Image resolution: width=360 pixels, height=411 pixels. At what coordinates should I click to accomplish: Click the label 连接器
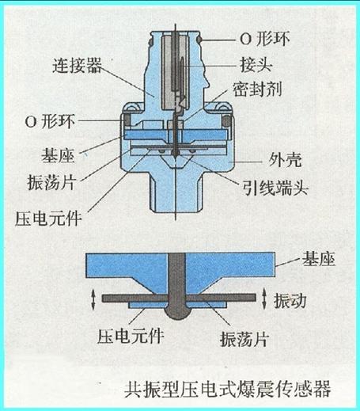(77, 66)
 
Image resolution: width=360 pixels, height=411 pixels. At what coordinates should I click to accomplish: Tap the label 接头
(256, 64)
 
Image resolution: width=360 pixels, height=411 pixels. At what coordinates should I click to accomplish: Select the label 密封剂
(257, 89)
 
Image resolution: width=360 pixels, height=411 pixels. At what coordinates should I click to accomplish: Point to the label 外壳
(285, 160)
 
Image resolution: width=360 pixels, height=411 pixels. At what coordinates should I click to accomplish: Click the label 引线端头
(275, 188)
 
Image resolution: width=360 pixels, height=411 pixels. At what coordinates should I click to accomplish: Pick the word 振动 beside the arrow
(290, 301)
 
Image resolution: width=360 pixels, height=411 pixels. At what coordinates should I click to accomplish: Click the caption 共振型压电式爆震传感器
(227, 389)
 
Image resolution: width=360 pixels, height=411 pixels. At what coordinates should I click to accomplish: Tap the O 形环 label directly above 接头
(265, 39)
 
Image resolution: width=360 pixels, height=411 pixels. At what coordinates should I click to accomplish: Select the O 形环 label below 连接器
(50, 122)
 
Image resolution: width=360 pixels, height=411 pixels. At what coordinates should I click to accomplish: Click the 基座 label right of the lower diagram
(318, 259)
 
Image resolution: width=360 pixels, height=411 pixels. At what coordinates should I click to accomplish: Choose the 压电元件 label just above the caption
(131, 336)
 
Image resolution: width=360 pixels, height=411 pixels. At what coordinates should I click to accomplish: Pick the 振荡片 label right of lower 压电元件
(244, 339)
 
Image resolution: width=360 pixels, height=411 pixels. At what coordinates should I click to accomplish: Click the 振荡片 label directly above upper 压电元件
(51, 182)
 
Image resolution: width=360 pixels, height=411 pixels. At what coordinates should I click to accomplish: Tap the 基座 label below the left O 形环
(58, 155)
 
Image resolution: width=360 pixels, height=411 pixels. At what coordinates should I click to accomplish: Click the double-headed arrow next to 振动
(264, 299)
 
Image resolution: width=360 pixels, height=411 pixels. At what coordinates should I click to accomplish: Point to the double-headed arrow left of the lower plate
(93, 299)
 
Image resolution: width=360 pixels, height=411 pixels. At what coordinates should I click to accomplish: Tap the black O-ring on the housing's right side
(226, 121)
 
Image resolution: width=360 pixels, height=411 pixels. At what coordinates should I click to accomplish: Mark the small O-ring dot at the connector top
(199, 40)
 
